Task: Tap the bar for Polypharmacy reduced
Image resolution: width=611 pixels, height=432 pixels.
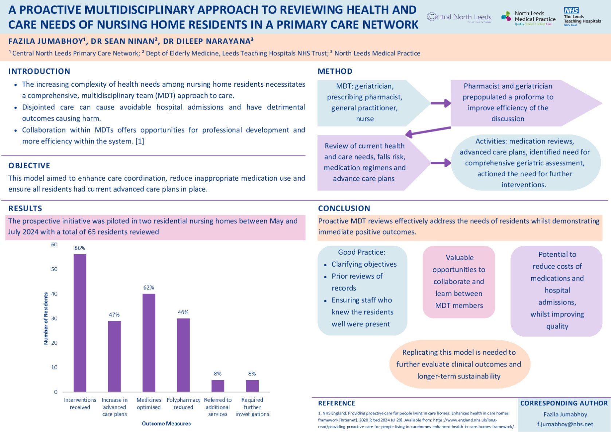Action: (183, 355)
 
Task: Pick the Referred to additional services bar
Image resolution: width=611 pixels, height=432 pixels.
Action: (218, 386)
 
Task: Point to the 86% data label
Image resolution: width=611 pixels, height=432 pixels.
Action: (80, 248)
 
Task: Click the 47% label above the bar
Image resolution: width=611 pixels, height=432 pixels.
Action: (114, 315)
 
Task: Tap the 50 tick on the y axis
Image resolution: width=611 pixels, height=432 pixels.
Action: (54, 269)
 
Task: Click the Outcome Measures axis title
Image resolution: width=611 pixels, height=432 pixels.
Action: (166, 424)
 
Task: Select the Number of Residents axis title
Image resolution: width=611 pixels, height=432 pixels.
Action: (46, 318)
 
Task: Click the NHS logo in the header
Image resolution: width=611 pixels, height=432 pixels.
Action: (571, 11)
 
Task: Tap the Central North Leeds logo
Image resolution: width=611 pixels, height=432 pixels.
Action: (459, 17)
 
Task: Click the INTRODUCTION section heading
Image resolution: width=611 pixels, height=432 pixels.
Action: (39, 71)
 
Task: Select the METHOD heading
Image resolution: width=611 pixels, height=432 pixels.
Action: (335, 71)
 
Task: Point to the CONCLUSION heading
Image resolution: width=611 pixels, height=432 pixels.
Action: (344, 208)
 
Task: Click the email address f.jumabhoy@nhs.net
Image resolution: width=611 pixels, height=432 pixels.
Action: (565, 424)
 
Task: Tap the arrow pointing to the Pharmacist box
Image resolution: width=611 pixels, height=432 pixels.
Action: (440, 103)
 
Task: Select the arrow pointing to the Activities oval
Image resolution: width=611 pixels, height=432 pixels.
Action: (440, 163)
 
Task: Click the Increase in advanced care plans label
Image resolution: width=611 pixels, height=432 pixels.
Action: (114, 407)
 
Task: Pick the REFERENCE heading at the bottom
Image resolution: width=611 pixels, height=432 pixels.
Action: (336, 403)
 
